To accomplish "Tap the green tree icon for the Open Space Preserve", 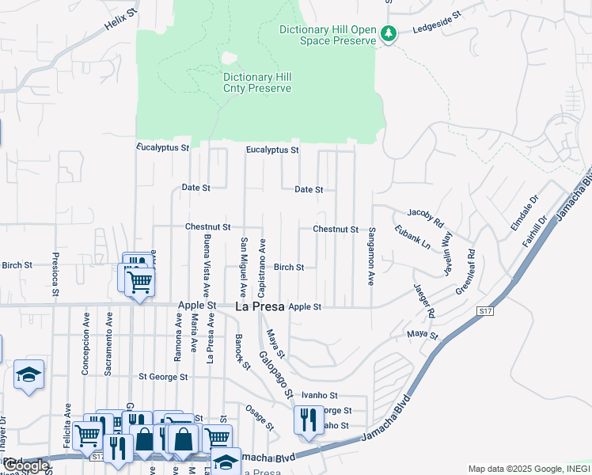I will click(x=388, y=34).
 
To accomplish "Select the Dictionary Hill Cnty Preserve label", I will click(x=257, y=82).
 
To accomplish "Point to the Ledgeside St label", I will click(x=436, y=31).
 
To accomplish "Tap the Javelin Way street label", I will click(x=446, y=249).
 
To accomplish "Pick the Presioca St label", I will click(x=55, y=274).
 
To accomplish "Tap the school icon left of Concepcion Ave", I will click(x=29, y=375).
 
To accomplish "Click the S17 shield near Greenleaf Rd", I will click(x=485, y=312).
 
